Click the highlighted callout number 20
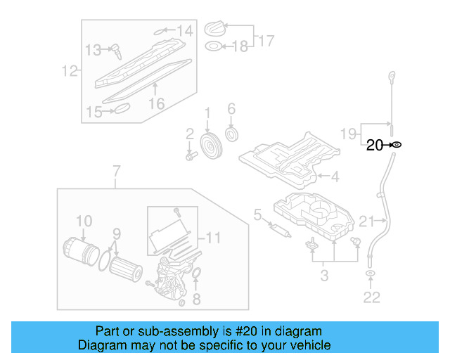pyautogui.click(x=373, y=145)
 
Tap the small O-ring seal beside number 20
pyautogui.click(x=396, y=145)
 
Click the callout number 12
pyautogui.click(x=69, y=70)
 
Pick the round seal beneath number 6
pyautogui.click(x=231, y=134)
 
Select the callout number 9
pyautogui.click(x=117, y=233)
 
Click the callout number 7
pyautogui.click(x=117, y=171)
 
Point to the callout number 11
pyautogui.click(x=213, y=238)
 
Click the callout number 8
pyautogui.click(x=196, y=299)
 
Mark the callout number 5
pyautogui.click(x=257, y=214)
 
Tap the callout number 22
pyautogui.click(x=371, y=297)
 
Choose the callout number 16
pyautogui.click(x=156, y=103)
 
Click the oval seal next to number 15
pyautogui.click(x=122, y=109)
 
